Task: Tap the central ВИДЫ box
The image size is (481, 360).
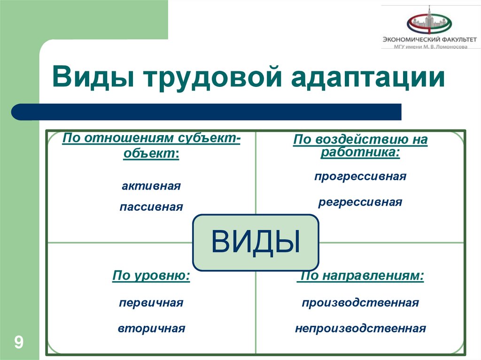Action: (256, 242)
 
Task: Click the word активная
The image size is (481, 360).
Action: (151, 186)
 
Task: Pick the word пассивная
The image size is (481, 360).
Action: (151, 207)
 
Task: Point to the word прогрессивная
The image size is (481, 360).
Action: (360, 177)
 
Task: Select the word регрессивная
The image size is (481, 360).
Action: (360, 202)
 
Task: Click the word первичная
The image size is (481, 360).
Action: (151, 303)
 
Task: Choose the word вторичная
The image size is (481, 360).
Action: (151, 329)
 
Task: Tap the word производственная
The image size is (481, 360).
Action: (360, 303)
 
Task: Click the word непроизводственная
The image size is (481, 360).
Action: (360, 329)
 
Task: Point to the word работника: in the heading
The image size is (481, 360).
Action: (360, 153)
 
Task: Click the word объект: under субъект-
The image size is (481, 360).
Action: (151, 153)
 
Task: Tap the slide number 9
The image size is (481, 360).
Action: (19, 341)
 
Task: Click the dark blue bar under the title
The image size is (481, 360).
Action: (207, 112)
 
